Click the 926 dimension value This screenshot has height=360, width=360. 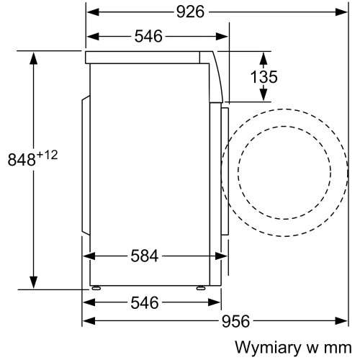click(x=190, y=12)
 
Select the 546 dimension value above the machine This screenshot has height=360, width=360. click(x=148, y=37)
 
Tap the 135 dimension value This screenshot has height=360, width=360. click(x=264, y=77)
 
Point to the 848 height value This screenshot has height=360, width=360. click(x=22, y=160)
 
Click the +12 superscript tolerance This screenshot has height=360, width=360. click(x=48, y=155)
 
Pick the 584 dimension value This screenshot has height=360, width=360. click(x=145, y=256)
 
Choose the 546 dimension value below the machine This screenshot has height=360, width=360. click(x=145, y=302)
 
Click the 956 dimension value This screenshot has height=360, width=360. click(x=235, y=321)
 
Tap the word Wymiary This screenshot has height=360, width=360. click(x=268, y=348)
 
